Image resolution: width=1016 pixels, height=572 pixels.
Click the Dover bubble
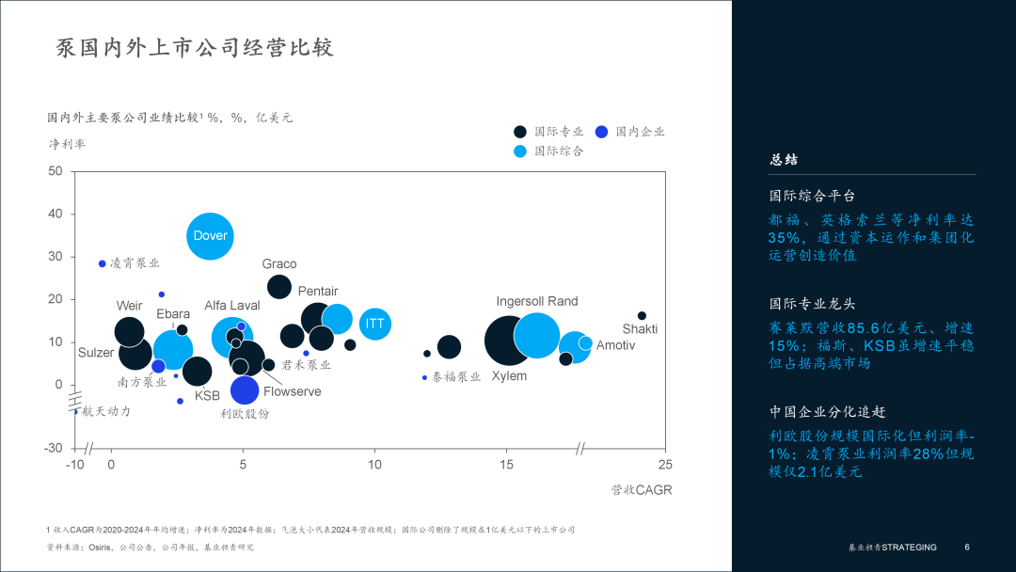coord(210,236)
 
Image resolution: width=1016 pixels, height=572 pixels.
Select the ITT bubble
coord(374,324)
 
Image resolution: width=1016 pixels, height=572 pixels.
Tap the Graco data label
coord(279,264)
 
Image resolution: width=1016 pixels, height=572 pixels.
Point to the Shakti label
coord(640,329)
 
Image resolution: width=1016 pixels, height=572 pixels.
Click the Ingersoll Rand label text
coord(537,301)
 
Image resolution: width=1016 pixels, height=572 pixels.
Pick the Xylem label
coord(509,376)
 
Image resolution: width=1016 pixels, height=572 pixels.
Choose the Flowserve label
coord(292,391)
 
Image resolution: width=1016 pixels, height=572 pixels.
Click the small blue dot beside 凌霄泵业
coord(103,263)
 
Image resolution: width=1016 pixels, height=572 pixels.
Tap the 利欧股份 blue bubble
coord(245,389)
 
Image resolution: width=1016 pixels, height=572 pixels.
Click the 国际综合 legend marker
coord(520,151)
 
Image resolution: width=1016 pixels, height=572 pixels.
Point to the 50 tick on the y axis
coord(55,171)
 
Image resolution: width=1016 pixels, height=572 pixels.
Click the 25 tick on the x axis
coord(664,465)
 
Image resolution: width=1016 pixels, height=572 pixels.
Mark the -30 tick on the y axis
coord(54,448)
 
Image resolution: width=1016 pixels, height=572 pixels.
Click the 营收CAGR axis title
coord(642,490)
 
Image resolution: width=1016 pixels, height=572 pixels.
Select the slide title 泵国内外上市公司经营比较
coord(196,48)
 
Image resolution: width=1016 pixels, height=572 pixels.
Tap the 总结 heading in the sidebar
coord(784,160)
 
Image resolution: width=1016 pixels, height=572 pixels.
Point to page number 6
coord(967,548)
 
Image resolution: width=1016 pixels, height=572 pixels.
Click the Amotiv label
coord(615,345)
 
